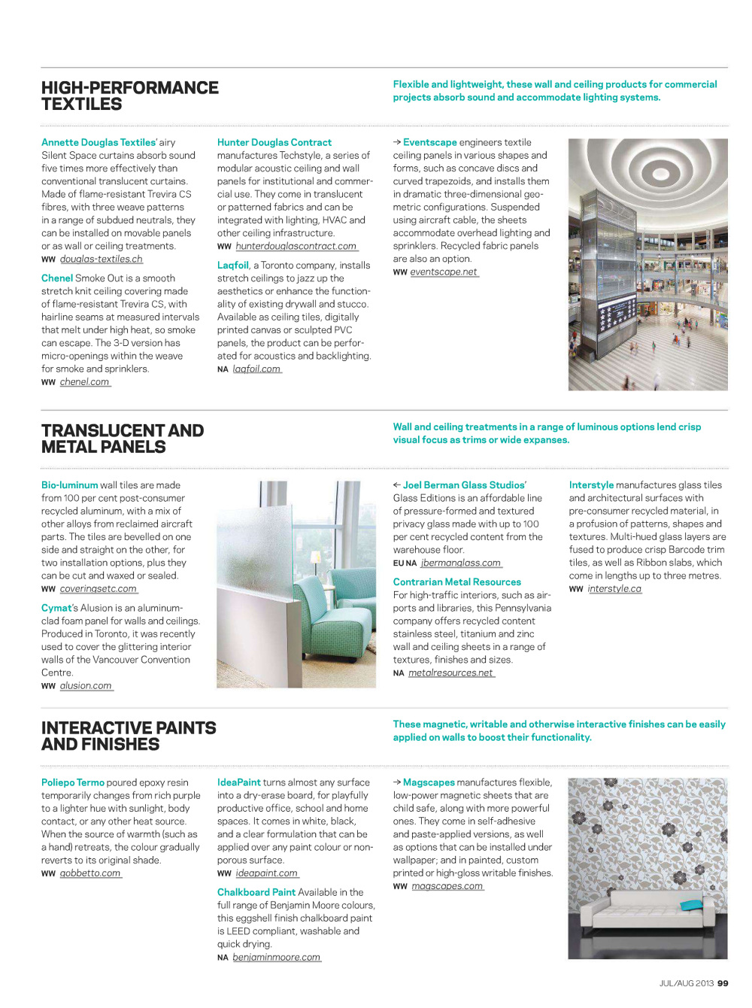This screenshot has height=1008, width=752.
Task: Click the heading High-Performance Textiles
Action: (129, 96)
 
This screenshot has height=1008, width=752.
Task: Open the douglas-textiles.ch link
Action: (101, 260)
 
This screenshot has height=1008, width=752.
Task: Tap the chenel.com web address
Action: (85, 382)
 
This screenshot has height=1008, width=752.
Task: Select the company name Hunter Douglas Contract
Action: (274, 142)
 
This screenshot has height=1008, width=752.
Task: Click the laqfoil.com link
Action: (256, 369)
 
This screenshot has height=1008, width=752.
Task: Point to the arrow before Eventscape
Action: (397, 142)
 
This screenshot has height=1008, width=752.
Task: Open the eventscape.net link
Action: (444, 272)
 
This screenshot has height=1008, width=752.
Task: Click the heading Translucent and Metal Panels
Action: (122, 439)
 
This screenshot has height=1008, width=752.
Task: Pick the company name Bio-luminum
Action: (69, 485)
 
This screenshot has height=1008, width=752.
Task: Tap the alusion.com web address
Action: (86, 686)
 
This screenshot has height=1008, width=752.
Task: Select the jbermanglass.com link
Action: (461, 563)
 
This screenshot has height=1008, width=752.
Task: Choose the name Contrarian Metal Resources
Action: (456, 582)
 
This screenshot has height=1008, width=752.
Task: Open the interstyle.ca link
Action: (614, 589)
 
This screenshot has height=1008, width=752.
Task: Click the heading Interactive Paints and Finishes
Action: (128, 736)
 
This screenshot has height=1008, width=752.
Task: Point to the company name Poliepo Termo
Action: (73, 782)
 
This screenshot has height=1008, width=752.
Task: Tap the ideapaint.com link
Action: (267, 873)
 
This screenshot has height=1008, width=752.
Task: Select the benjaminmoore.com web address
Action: (276, 958)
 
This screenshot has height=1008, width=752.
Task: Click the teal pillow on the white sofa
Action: (690, 905)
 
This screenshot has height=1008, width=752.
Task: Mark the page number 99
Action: (723, 983)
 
